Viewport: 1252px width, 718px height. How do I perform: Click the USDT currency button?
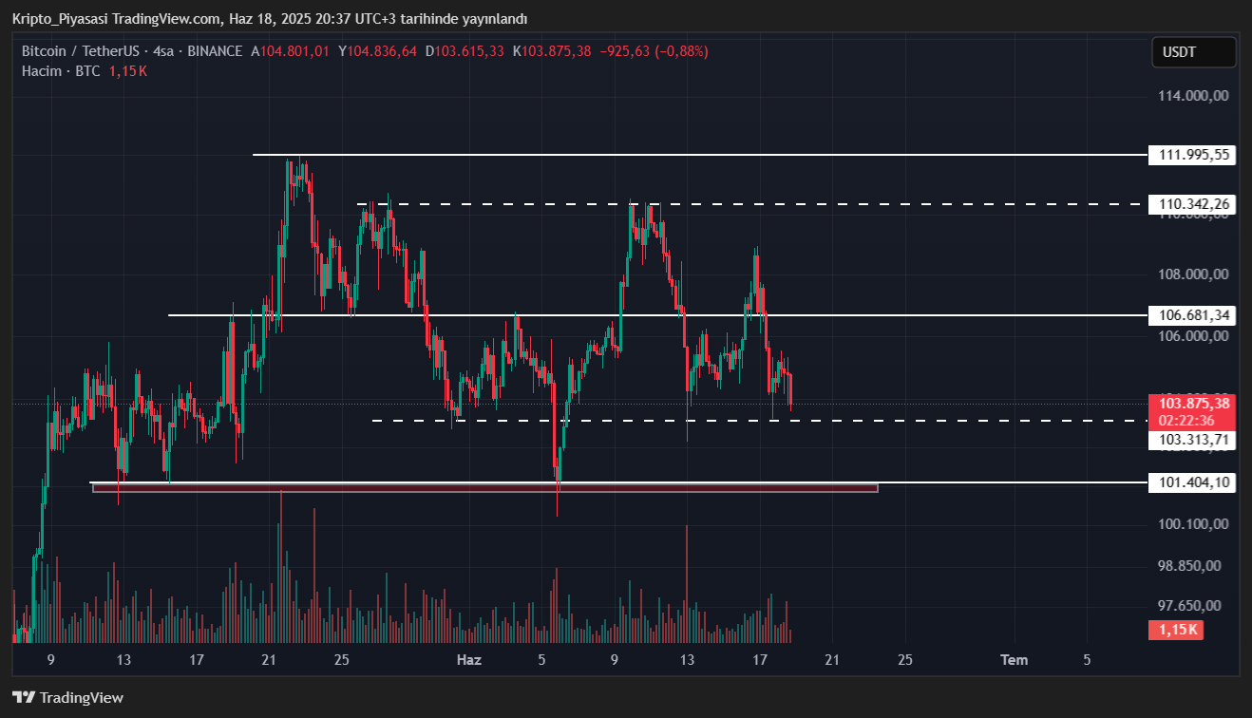click(x=1193, y=52)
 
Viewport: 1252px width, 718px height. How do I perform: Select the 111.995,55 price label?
click(x=1192, y=155)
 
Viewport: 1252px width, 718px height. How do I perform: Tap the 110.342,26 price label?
click(x=1192, y=204)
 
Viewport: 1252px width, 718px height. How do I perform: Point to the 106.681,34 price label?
click(x=1192, y=314)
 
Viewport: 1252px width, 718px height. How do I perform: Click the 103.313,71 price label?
click(x=1192, y=440)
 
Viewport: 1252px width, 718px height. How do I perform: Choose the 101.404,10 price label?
click(x=1192, y=482)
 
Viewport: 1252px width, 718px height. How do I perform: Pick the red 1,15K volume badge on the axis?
click(x=1176, y=630)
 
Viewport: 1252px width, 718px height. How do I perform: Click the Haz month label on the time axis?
click(x=469, y=660)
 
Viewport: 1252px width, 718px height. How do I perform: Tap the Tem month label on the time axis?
click(x=1014, y=660)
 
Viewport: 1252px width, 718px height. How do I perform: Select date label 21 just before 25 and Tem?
click(x=832, y=660)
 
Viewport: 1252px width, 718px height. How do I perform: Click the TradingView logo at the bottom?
click(x=68, y=698)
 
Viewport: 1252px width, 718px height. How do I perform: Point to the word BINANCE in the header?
click(x=215, y=51)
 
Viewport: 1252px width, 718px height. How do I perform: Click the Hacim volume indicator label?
click(x=42, y=71)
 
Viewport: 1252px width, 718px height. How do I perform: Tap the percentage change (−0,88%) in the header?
click(x=680, y=51)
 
